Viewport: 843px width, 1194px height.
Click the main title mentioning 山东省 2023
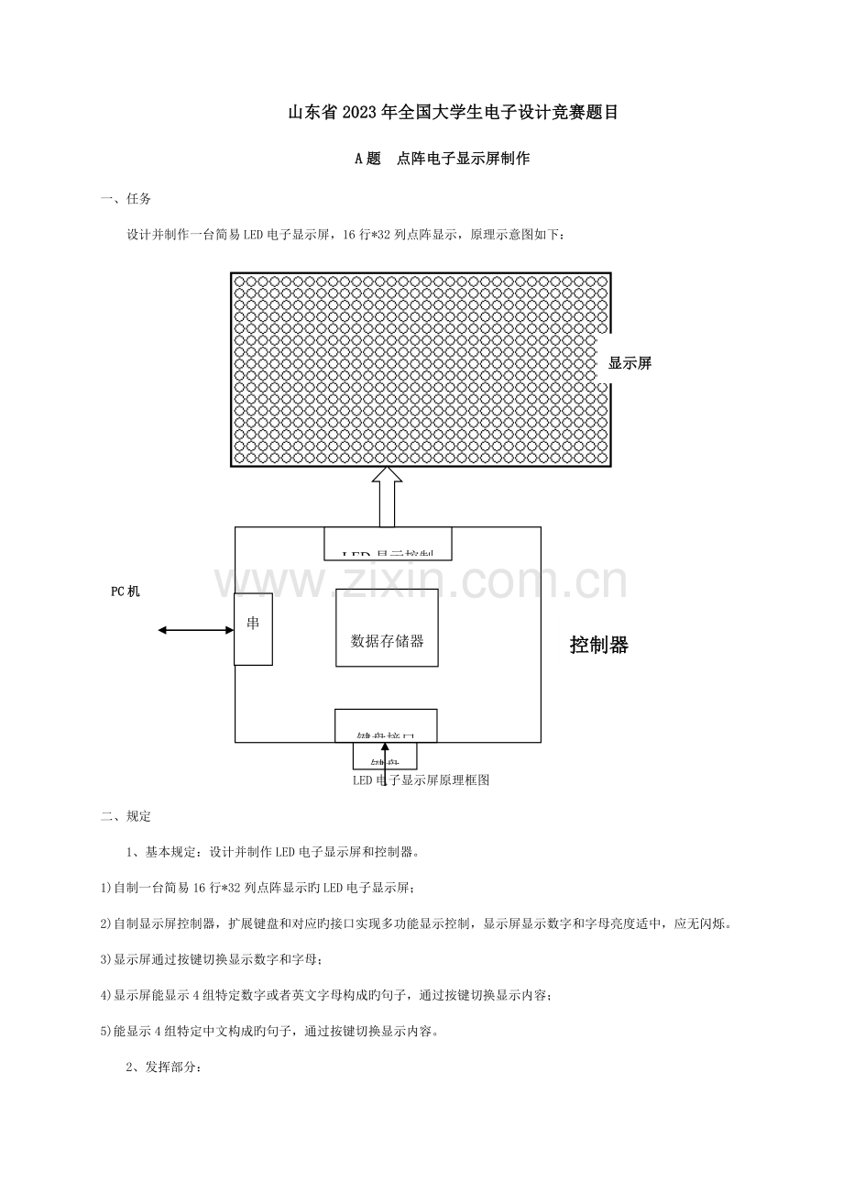[453, 113]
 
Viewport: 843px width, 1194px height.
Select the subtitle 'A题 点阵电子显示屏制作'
[442, 159]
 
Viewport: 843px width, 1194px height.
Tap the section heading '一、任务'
[126, 199]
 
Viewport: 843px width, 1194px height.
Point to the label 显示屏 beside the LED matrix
[630, 363]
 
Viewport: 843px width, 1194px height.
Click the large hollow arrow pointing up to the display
[387, 496]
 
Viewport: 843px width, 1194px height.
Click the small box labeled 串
[253, 628]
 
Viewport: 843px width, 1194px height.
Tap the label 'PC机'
[126, 591]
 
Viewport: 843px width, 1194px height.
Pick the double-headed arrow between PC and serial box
[195, 629]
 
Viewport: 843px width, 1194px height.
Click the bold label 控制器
[599, 645]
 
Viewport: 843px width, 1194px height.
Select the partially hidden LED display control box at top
[388, 544]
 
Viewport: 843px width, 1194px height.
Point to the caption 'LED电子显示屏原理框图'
[421, 780]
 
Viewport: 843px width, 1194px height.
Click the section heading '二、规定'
[126, 816]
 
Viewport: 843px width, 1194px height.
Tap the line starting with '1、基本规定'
[272, 852]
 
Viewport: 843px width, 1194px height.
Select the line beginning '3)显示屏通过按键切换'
[212, 959]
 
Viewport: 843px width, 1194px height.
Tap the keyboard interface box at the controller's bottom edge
[385, 724]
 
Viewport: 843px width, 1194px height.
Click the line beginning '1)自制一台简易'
[257, 888]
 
